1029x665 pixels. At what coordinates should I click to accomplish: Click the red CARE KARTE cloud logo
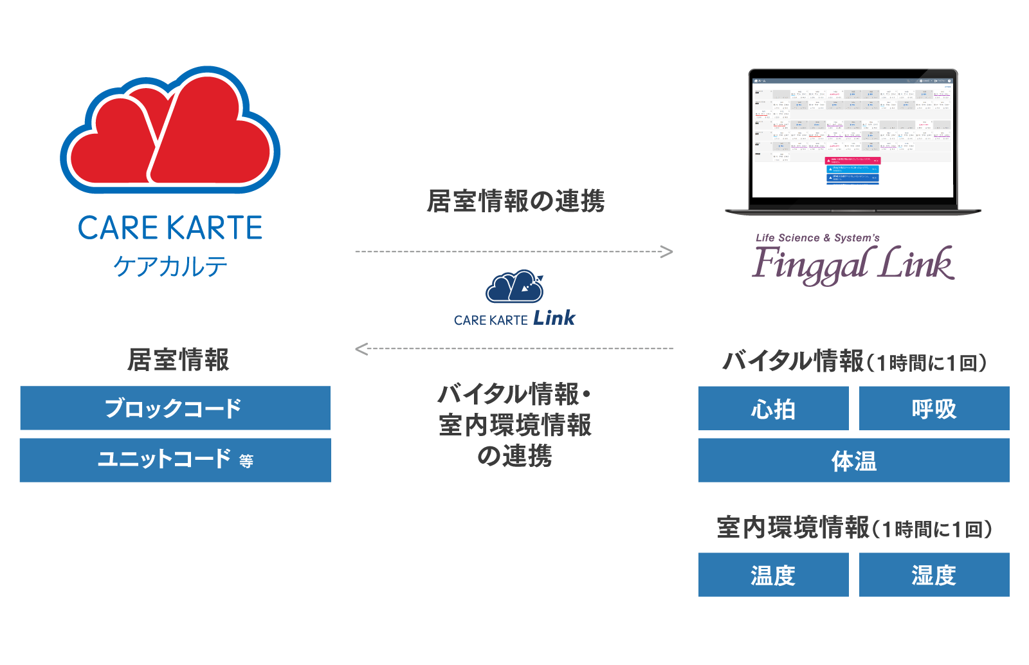pos(170,132)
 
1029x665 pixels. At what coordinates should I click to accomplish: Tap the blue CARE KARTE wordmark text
pos(170,228)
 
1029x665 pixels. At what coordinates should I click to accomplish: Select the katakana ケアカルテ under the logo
pos(170,266)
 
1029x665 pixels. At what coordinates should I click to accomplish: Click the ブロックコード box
pos(175,408)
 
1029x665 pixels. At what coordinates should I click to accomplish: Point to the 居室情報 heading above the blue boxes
pos(178,360)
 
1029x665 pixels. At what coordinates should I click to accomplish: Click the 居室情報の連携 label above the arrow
pos(515,201)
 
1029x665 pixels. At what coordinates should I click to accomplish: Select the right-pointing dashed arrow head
pos(668,251)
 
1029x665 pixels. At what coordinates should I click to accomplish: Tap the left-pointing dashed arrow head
pos(361,349)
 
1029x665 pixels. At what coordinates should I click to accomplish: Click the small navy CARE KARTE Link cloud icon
pos(514,287)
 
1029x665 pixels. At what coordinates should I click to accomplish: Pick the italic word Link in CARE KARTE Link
pos(554,318)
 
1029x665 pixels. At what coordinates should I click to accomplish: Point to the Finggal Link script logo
pos(853,265)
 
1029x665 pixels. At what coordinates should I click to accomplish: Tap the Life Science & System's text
pos(817,238)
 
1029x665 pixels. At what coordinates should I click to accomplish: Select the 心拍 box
pos(774,408)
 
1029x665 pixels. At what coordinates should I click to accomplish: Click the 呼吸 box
pos(934,408)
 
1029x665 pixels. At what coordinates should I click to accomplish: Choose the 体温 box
pos(853,460)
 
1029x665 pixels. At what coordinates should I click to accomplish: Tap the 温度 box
pos(774,575)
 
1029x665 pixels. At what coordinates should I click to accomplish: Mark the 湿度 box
pos(934,575)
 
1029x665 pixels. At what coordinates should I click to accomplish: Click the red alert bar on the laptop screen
pos(852,160)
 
